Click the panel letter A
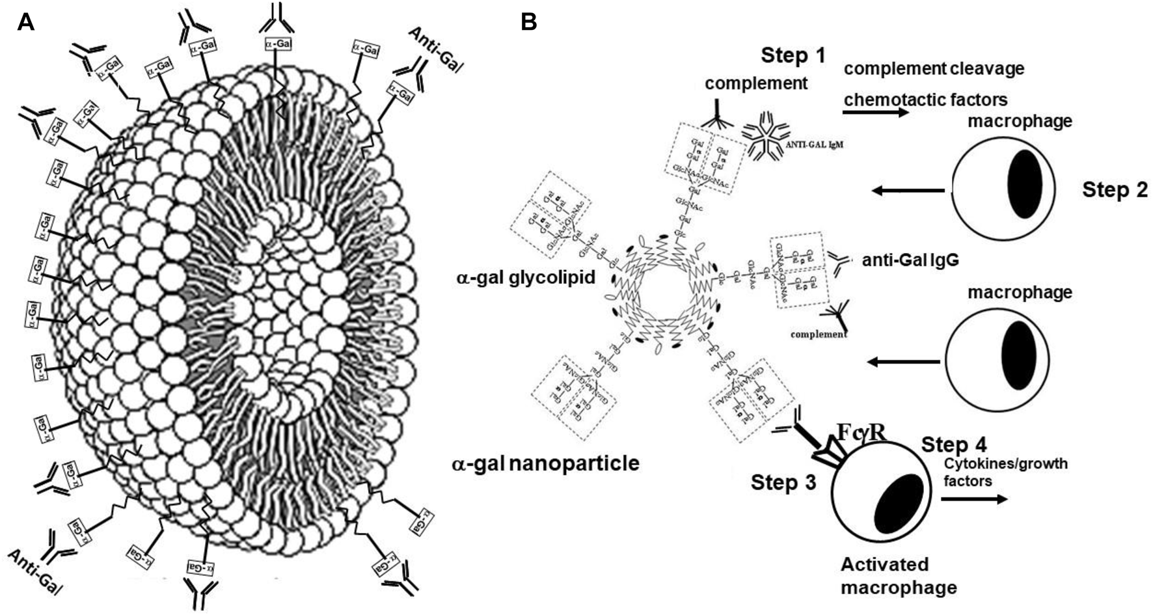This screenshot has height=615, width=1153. click(25, 23)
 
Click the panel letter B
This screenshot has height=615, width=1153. click(529, 23)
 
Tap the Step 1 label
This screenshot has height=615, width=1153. click(793, 55)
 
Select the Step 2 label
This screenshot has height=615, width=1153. click(1115, 190)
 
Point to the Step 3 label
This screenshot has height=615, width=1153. click(783, 482)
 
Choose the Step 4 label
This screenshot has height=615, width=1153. click(954, 445)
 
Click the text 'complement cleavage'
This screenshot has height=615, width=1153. click(934, 68)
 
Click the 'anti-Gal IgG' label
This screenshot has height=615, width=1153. click(910, 260)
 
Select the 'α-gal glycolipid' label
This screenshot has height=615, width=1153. click(526, 278)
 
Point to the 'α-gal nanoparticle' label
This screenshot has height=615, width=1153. click(545, 463)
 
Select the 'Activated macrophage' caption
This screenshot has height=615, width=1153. click(899, 575)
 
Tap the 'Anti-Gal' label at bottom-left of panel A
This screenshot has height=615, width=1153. click(34, 571)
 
